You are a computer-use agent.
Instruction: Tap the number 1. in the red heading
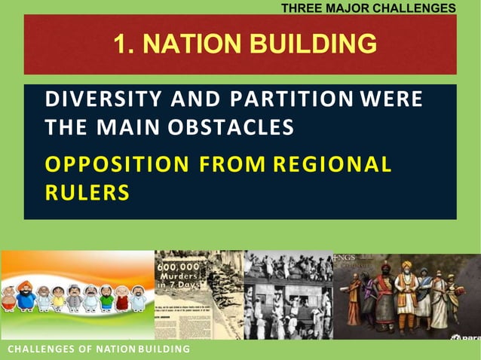point(125,44)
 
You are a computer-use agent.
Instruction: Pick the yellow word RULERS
point(87,192)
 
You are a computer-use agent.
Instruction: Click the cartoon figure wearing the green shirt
point(106,298)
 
